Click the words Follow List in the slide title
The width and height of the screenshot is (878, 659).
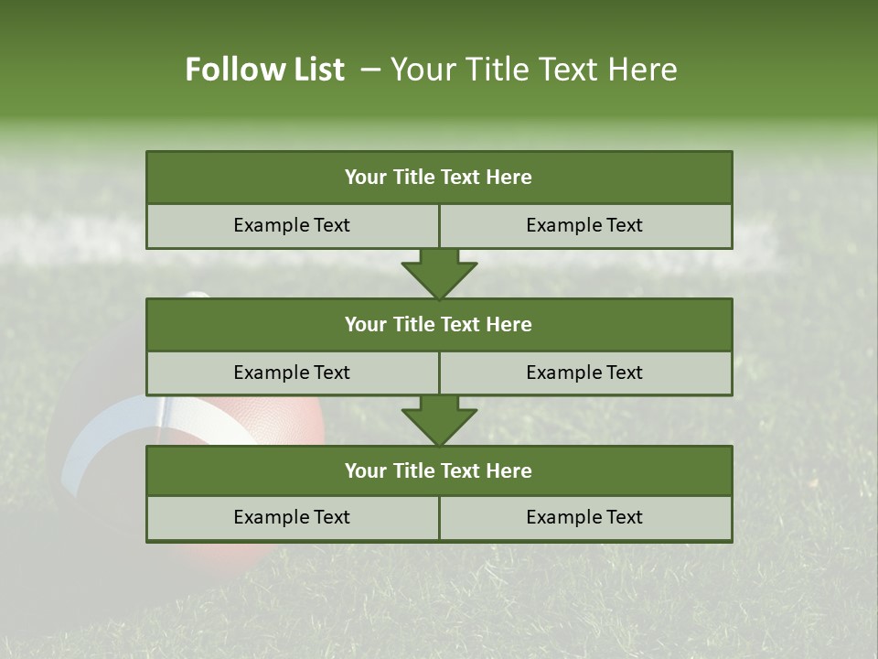[264, 70]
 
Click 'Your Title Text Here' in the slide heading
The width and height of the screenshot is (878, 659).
[533, 70]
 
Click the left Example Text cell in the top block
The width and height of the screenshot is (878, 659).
[292, 225]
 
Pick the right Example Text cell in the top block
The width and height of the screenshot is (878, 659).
[584, 225]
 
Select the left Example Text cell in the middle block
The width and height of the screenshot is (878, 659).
[292, 373]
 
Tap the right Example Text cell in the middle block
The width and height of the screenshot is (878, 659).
[584, 373]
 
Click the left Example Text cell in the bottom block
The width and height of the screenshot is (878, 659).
[292, 517]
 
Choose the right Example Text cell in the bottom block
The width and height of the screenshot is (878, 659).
[584, 517]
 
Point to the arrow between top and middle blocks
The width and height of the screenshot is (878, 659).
[439, 274]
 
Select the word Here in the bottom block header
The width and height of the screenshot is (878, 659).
[509, 470]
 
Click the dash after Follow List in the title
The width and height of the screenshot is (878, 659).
[370, 70]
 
